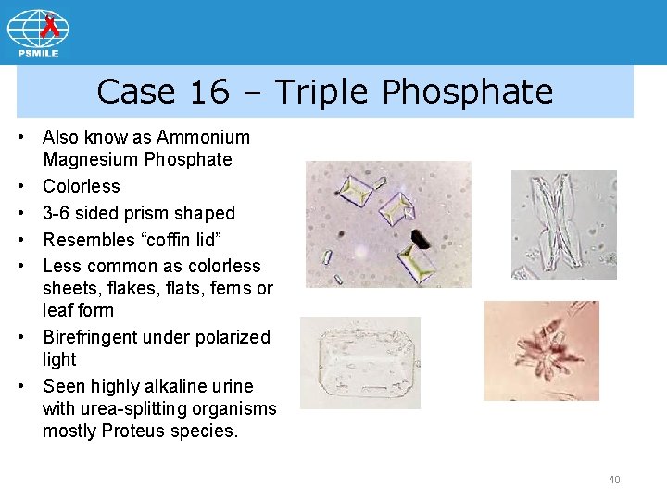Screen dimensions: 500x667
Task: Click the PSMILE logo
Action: click(x=38, y=33)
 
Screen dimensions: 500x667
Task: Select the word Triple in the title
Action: click(x=323, y=92)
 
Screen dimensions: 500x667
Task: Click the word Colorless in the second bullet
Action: click(x=82, y=186)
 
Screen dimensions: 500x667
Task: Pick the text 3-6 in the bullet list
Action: click(x=59, y=213)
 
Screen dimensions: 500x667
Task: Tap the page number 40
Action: click(x=614, y=480)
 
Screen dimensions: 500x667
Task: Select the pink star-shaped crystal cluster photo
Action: click(x=541, y=351)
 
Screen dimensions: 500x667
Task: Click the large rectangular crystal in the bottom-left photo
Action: click(x=360, y=363)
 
